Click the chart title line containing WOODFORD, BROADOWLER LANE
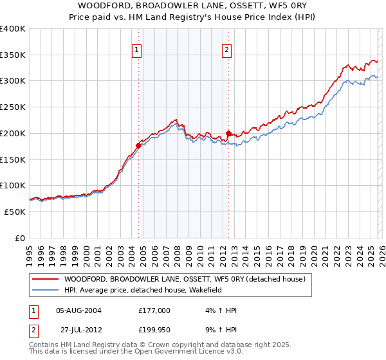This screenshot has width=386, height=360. (x=193, y=5)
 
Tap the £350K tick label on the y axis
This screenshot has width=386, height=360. (x=13, y=55)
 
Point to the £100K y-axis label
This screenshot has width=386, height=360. (x=13, y=186)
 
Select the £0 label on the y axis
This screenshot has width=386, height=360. (x=20, y=238)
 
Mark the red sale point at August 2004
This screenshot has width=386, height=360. (x=138, y=145)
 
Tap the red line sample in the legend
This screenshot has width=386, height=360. (x=45, y=279)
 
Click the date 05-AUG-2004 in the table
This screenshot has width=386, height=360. (x=78, y=310)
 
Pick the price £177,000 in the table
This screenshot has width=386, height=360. (x=154, y=310)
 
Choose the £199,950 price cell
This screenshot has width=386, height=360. (x=154, y=331)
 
